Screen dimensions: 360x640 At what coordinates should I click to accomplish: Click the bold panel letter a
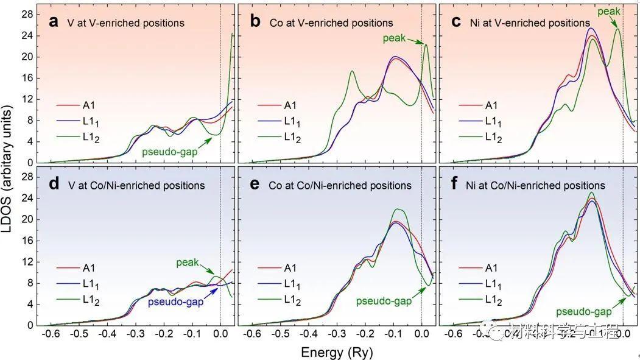point(54,23)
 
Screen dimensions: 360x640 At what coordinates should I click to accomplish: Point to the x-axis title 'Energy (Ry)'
point(336,352)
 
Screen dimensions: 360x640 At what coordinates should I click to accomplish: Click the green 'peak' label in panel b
point(395,38)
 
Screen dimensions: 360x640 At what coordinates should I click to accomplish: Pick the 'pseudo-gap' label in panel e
point(384,301)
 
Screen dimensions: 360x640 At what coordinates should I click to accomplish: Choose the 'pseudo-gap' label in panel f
point(585,311)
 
